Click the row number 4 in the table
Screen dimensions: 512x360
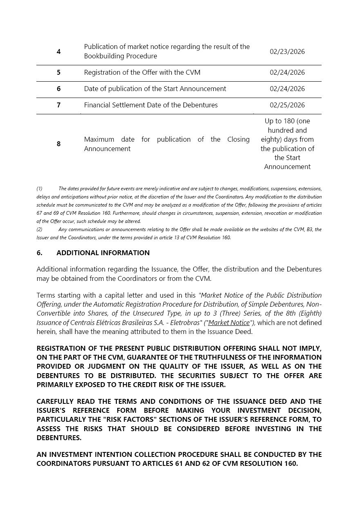pyautogui.click(x=59, y=51)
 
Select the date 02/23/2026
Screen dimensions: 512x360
pyautogui.click(x=287, y=51)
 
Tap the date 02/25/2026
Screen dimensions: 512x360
pyautogui.click(x=287, y=105)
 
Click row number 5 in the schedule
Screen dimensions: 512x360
pyautogui.click(x=59, y=72)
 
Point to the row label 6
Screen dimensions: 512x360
pyautogui.click(x=59, y=89)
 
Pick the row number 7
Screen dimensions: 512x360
pyautogui.click(x=59, y=105)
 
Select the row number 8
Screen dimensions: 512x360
pyautogui.click(x=59, y=144)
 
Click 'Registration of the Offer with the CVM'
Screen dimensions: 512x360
pyautogui.click(x=142, y=72)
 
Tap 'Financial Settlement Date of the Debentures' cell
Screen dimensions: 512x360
pyautogui.click(x=151, y=105)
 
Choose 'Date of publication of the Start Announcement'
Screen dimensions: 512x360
pyautogui.click(x=155, y=89)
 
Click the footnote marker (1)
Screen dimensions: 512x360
pyautogui.click(x=39, y=189)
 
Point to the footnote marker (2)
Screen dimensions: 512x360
pyautogui.click(x=39, y=229)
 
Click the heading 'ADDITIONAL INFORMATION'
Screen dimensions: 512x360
pyautogui.click(x=103, y=253)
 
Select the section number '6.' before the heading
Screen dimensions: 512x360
pyautogui.click(x=40, y=253)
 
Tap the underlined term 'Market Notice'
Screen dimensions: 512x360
pyautogui.click(x=229, y=323)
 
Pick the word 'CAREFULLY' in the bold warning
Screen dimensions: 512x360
pyautogui.click(x=56, y=401)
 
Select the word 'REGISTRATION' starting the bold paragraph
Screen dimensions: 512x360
pyautogui.click(x=62, y=348)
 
